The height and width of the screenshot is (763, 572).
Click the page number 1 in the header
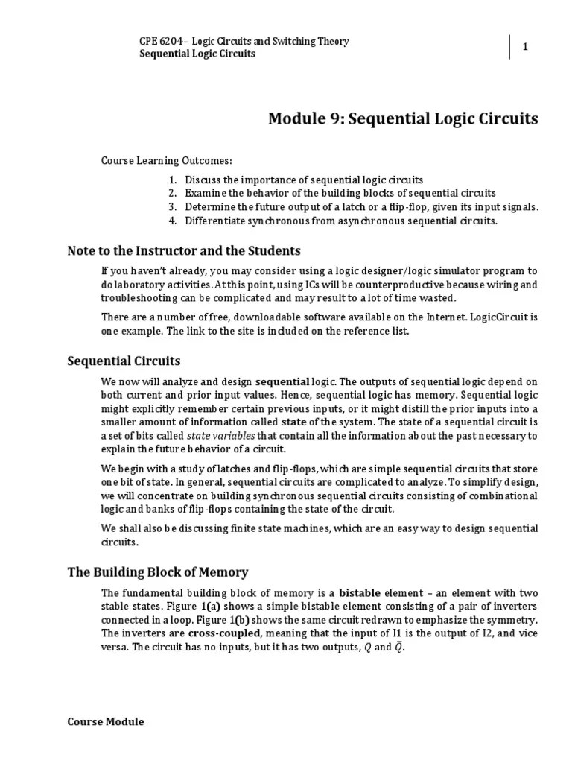(525, 47)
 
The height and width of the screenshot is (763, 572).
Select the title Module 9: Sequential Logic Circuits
(403, 119)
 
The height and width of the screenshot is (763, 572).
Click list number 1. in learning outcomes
(173, 180)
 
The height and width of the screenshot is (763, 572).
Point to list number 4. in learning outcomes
(173, 221)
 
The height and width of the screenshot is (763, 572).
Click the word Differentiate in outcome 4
(215, 221)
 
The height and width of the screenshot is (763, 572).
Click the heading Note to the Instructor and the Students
(184, 250)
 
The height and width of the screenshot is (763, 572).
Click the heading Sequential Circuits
(124, 361)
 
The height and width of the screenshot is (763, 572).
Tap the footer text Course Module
(106, 722)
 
